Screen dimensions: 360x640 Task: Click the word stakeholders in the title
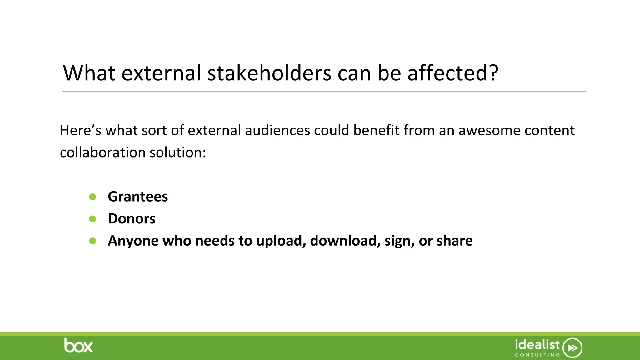pos(269,73)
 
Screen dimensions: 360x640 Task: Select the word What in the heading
pos(89,73)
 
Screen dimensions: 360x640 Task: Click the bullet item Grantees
pos(138,197)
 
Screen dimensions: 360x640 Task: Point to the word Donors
pos(132,219)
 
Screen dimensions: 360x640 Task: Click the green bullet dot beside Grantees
pos(92,197)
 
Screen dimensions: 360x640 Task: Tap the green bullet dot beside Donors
pos(92,219)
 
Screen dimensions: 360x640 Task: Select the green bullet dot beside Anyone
pos(92,241)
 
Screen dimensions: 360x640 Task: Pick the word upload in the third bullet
pos(281,241)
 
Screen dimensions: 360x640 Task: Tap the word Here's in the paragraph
pos(81,130)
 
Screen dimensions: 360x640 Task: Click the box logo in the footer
pos(78,346)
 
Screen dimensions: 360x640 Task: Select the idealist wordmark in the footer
pos(537,345)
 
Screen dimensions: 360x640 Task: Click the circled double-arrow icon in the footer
pos(572,348)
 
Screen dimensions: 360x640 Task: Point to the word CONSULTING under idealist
pos(537,355)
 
